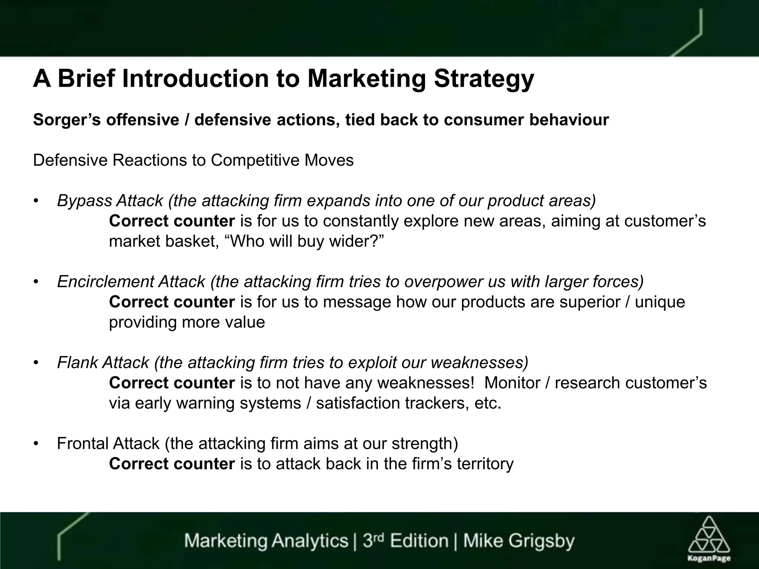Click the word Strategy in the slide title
point(484,79)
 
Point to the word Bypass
point(84,201)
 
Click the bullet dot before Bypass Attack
point(36,201)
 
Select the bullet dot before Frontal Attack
point(36,444)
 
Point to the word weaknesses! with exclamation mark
point(426,383)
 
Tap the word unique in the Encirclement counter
point(660,302)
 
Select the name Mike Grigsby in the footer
point(519,540)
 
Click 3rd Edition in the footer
point(405,540)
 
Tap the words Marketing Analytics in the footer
point(266,540)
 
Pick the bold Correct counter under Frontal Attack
point(172,464)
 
